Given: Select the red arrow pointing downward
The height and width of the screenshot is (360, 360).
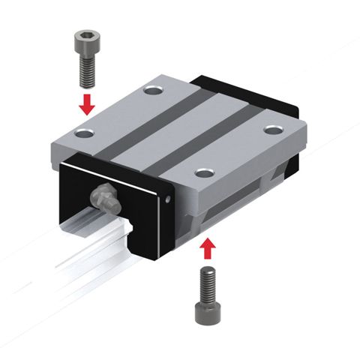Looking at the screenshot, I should [x=88, y=103].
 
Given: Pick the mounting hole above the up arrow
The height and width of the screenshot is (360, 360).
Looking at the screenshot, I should [x=202, y=173].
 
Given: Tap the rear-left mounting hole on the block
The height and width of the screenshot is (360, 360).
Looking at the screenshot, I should [x=155, y=91].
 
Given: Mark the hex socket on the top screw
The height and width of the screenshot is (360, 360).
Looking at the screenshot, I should [x=88, y=33].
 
